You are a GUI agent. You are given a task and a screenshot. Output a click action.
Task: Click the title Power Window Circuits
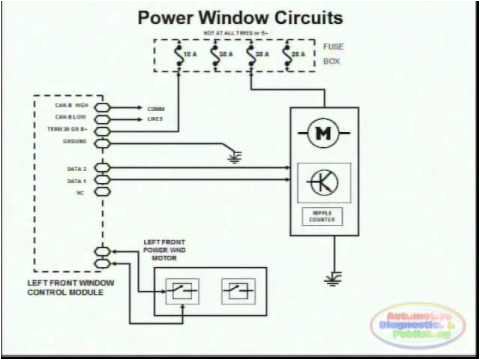[239, 18]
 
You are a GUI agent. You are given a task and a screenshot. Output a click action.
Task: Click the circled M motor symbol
[322, 133]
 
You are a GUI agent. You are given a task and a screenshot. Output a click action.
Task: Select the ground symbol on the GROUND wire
[235, 156]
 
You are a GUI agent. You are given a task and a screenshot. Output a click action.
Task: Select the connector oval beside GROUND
[101, 142]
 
